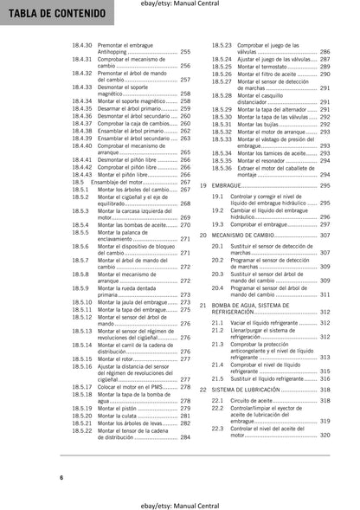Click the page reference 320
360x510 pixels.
[x=325, y=435]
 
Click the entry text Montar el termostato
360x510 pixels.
[x=265, y=66]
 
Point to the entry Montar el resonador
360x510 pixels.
[x=263, y=160]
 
